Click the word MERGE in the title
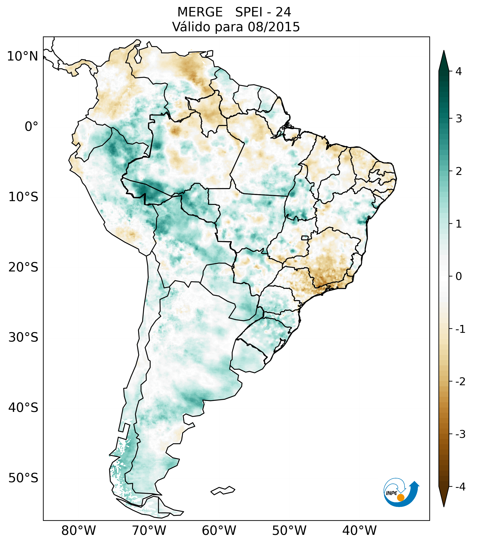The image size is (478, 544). [x=200, y=12]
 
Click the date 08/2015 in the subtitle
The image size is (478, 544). [x=274, y=27]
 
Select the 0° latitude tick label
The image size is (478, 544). [x=31, y=127]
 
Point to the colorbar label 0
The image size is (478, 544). [x=459, y=276]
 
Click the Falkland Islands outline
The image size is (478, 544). [x=223, y=490]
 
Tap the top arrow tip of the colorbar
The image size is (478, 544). [x=444, y=51]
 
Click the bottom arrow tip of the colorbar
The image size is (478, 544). [x=444, y=506]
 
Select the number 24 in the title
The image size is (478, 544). [x=283, y=12]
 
